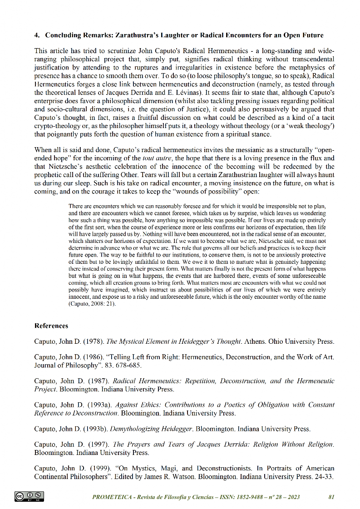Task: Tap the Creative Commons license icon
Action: pyautogui.click(x=30, y=496)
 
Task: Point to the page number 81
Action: pyautogui.click(x=331, y=497)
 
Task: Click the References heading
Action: pyautogui.click(x=51, y=326)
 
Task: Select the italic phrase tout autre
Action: pyautogui.click(x=156, y=158)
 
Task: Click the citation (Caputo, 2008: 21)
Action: pyautogui.click(x=92, y=304)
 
